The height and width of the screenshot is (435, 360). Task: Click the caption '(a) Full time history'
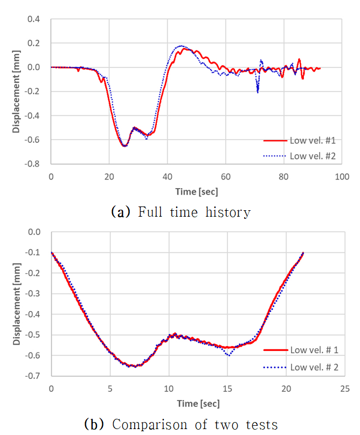tap(181, 212)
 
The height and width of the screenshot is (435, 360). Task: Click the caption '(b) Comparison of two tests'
tap(181, 424)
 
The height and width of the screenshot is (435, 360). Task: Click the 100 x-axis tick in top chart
tap(342, 176)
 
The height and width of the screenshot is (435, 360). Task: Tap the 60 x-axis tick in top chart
tap(225, 176)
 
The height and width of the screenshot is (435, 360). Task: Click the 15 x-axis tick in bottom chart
tap(227, 388)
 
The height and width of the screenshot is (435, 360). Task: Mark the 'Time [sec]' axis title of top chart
tap(197, 191)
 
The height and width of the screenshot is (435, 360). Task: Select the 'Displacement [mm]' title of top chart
tap(16, 92)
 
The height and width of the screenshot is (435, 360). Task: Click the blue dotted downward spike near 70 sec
tap(258, 92)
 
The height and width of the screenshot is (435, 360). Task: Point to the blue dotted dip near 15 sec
tap(229, 355)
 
